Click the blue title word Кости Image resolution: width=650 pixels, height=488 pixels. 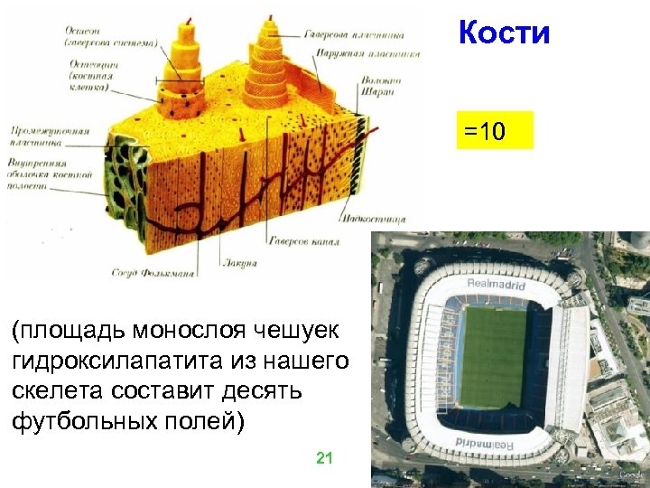[x=504, y=33]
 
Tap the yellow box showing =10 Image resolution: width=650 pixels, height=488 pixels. [x=495, y=131]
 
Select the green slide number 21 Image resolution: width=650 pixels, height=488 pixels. [x=324, y=458]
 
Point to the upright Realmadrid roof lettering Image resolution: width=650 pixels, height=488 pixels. [x=496, y=284]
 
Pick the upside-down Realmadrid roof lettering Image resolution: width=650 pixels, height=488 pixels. [x=487, y=442]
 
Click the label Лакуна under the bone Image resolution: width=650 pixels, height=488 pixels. [x=238, y=262]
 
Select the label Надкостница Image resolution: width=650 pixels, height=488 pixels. [x=375, y=219]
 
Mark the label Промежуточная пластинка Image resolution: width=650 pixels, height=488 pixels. [x=50, y=136]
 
